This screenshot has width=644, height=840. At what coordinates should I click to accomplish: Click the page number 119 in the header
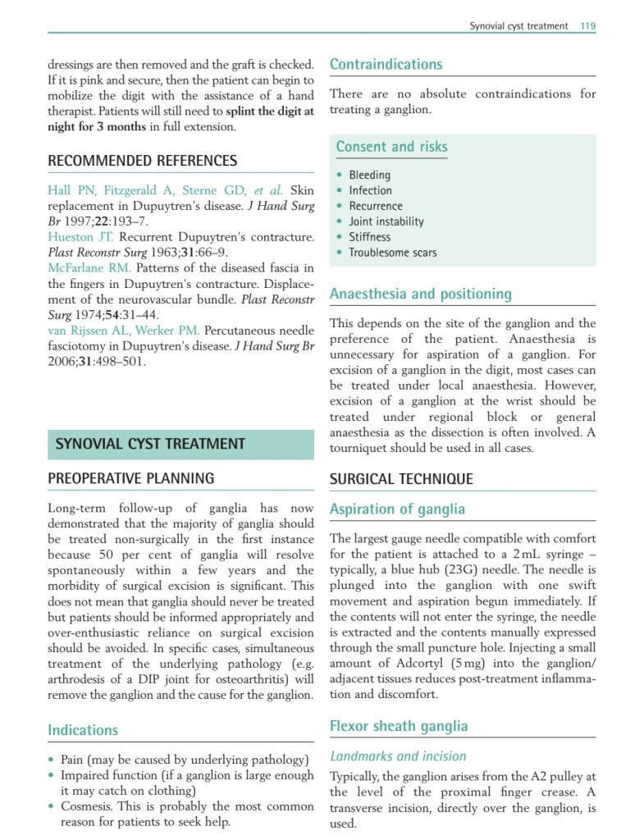[x=587, y=26]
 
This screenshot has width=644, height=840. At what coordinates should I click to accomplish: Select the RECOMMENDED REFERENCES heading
[x=143, y=161]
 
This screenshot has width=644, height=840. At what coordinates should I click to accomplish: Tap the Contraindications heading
[x=386, y=64]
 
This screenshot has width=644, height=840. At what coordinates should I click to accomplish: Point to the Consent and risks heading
[x=391, y=147]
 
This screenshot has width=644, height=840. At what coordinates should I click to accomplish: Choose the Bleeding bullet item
[x=369, y=175]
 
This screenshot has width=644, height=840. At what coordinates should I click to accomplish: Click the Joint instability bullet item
[x=386, y=221]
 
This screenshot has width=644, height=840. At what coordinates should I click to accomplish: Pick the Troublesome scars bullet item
[x=392, y=253]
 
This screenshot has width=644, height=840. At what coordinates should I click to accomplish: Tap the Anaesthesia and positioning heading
[x=420, y=294]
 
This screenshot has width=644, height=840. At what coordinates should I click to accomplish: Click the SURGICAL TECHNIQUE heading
[x=401, y=479]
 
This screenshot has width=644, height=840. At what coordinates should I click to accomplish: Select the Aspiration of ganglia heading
[x=397, y=509]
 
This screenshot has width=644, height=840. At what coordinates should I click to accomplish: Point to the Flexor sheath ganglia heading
[x=399, y=725]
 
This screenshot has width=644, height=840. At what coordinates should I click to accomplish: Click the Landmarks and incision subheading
[x=398, y=756]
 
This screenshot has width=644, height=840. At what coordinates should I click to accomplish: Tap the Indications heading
[x=83, y=730]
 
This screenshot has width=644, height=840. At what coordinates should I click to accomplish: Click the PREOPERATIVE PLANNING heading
[x=131, y=479]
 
